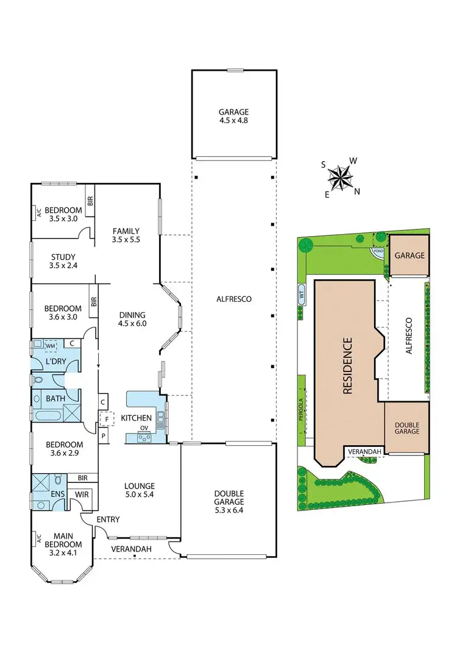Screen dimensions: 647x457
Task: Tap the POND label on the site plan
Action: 378,251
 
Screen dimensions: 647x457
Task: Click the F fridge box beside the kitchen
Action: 107,420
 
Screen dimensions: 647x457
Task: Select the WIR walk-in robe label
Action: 82,494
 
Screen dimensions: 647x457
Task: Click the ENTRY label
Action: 107,520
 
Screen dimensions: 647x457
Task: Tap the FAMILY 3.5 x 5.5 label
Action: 126,235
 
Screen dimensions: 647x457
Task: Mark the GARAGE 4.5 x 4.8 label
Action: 234,116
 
